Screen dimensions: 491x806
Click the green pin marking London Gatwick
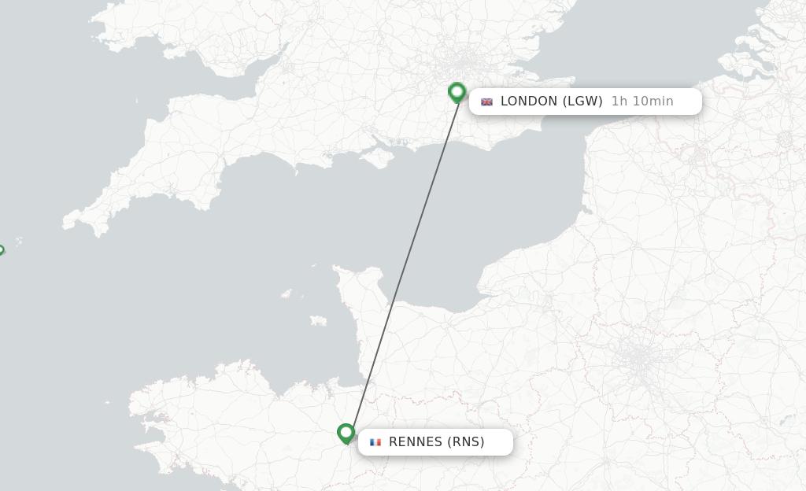point(457,91)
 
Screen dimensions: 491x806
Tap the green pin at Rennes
point(346,433)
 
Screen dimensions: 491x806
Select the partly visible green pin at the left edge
point(1,250)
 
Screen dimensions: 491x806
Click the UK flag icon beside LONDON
point(486,102)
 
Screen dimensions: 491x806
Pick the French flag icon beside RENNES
point(375,442)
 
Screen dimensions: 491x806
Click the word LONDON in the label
point(529,101)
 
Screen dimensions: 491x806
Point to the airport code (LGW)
point(583,101)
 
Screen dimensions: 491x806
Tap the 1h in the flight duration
point(620,101)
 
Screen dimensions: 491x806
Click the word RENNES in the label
point(416,441)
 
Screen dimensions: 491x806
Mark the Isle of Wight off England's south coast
point(381,157)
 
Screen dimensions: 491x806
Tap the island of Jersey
point(318,320)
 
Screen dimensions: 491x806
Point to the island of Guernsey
point(286,293)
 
